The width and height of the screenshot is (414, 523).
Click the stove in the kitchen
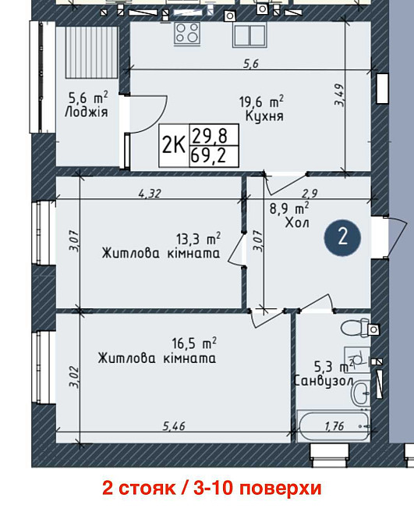point(187,33)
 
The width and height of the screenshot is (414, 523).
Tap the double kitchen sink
point(249,34)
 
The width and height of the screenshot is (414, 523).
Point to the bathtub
point(334,426)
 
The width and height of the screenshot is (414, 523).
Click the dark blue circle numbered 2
point(342,238)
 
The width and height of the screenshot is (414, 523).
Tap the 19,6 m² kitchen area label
point(261,101)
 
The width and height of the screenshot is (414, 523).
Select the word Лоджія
point(87,112)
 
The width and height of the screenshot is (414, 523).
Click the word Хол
point(297,222)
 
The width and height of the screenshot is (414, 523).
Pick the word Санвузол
point(323,380)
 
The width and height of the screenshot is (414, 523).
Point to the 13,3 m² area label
point(198,239)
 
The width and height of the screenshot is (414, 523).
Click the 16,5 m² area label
point(194,343)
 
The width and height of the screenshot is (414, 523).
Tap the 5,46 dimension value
point(174,426)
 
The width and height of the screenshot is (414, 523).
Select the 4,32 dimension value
point(150,193)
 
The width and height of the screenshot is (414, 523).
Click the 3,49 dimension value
point(339,94)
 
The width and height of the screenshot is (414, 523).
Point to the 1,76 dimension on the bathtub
point(334,426)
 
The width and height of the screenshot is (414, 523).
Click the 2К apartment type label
point(174,145)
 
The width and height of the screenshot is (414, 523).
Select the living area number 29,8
point(211,136)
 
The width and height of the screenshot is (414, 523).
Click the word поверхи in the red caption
point(281,489)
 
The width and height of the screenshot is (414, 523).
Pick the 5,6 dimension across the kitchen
point(251,63)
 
